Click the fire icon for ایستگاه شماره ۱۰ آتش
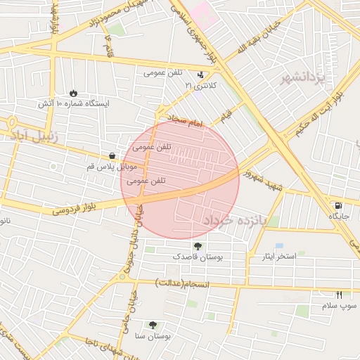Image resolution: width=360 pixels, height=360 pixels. point(74,93)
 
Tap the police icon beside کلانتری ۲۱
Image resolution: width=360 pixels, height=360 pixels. point(202,74)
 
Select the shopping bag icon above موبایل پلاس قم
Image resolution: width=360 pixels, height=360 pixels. point(112,155)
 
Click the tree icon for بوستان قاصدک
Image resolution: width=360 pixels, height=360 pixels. point(198,246)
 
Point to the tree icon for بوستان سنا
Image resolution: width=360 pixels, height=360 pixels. point(153,325)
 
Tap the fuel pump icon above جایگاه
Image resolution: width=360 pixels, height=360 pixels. point(339,205)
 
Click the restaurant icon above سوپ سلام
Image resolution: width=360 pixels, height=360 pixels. point(340,295)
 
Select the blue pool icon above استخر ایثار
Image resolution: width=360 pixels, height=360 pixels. point(279,245)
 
